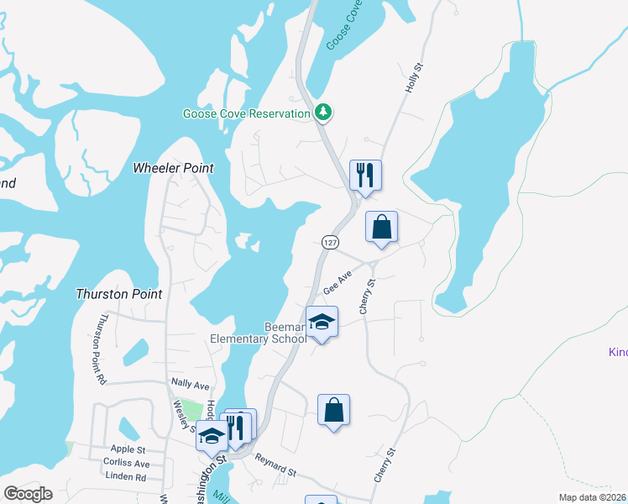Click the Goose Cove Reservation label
pos(247,113)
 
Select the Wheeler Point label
pos(173,168)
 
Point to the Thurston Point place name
pos(118,294)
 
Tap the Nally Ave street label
pos(189,384)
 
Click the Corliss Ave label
pos(126,463)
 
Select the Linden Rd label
pos(126,476)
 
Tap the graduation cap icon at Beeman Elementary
pos(322,321)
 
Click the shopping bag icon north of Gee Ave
pos(381,226)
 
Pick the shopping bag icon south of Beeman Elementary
pos(333,410)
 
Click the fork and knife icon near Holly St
pos(365,175)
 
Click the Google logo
pos(28,494)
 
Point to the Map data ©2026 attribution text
pos(592,497)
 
